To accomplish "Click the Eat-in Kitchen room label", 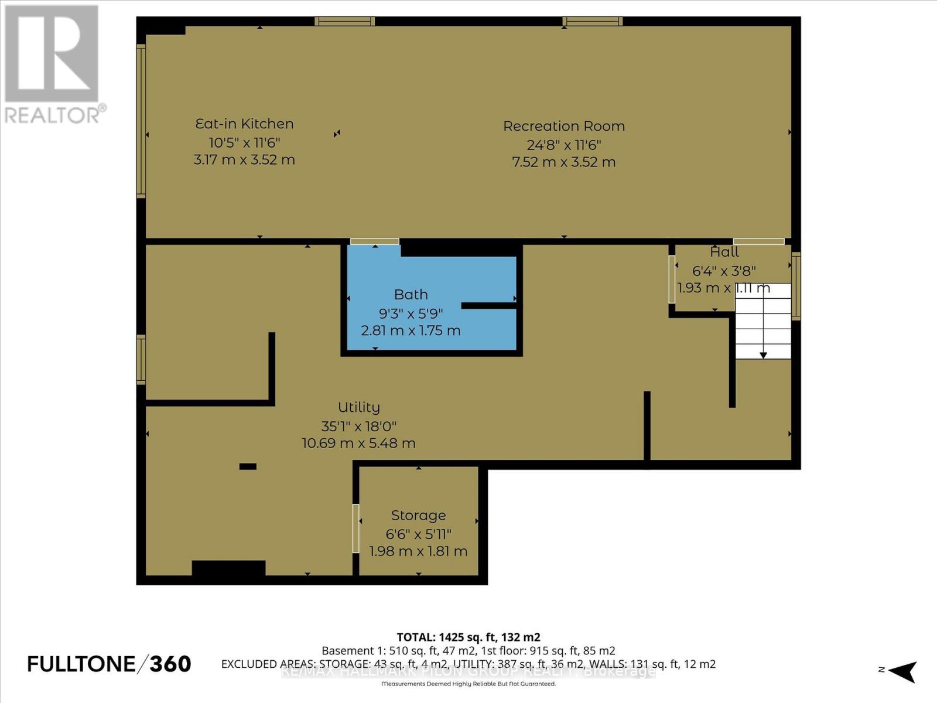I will (x=244, y=124).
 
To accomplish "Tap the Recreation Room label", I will (x=564, y=126).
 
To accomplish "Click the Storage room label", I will (x=418, y=516).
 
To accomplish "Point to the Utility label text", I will (x=358, y=407).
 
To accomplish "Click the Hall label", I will (x=724, y=252).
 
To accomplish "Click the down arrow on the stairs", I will (x=763, y=354).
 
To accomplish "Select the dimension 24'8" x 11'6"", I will (x=564, y=145).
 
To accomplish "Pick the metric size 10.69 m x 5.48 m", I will (x=358, y=443).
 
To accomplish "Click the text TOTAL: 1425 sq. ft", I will (x=468, y=637).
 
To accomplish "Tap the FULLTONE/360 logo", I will (x=110, y=664).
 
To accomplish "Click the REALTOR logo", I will (x=53, y=64).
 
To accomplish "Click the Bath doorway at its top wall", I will (x=375, y=241).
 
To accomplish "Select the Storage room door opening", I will (x=355, y=528).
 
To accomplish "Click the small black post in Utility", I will (x=248, y=466).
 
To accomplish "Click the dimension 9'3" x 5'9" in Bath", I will (x=411, y=313).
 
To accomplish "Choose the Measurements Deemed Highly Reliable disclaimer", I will (x=468, y=684).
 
